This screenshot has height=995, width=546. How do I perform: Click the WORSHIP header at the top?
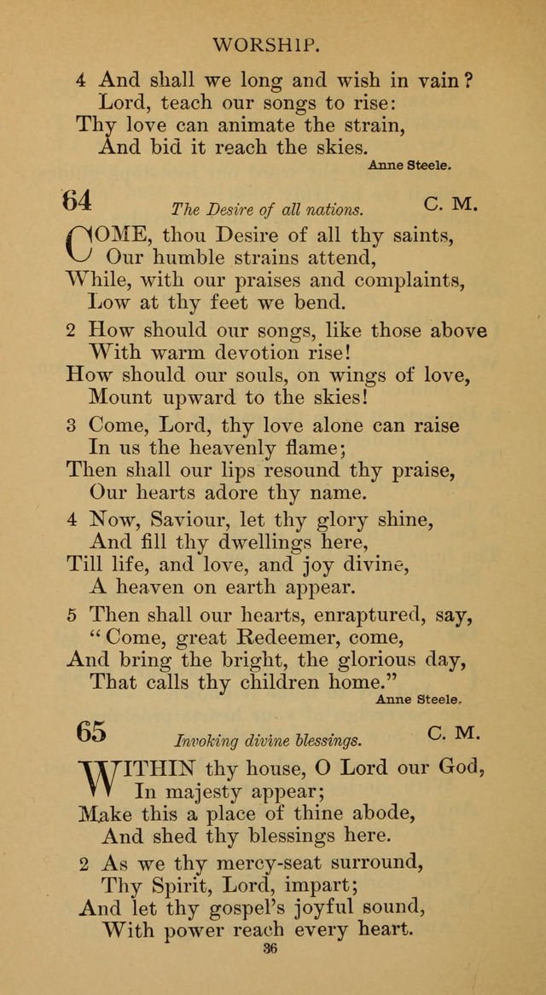[x=272, y=44]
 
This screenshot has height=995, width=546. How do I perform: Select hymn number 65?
[x=90, y=732]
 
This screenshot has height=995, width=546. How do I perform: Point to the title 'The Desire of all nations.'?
[x=267, y=209]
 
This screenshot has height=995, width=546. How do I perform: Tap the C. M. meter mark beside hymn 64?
[x=450, y=205]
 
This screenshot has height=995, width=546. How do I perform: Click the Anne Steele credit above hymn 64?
[x=409, y=167]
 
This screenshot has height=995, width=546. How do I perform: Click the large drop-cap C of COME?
[x=78, y=243]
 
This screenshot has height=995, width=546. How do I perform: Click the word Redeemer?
[x=283, y=637]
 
